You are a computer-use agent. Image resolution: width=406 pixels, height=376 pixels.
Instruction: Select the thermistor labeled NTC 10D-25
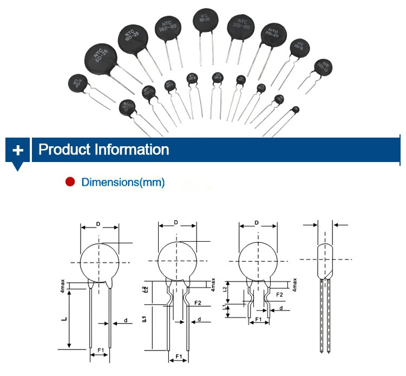(133, 38)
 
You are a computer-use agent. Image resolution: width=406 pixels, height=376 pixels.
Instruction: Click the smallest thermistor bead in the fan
(295, 110)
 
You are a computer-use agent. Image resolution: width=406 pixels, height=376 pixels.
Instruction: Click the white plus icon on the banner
(18, 150)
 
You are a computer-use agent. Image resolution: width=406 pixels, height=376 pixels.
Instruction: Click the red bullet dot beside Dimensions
(70, 182)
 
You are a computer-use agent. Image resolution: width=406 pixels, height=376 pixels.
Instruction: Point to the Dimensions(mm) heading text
(123, 182)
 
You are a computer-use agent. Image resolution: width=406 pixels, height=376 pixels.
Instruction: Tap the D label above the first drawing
(98, 223)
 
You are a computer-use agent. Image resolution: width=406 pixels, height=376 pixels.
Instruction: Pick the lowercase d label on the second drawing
(199, 320)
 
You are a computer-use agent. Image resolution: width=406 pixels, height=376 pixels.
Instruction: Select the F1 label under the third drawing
(259, 320)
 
